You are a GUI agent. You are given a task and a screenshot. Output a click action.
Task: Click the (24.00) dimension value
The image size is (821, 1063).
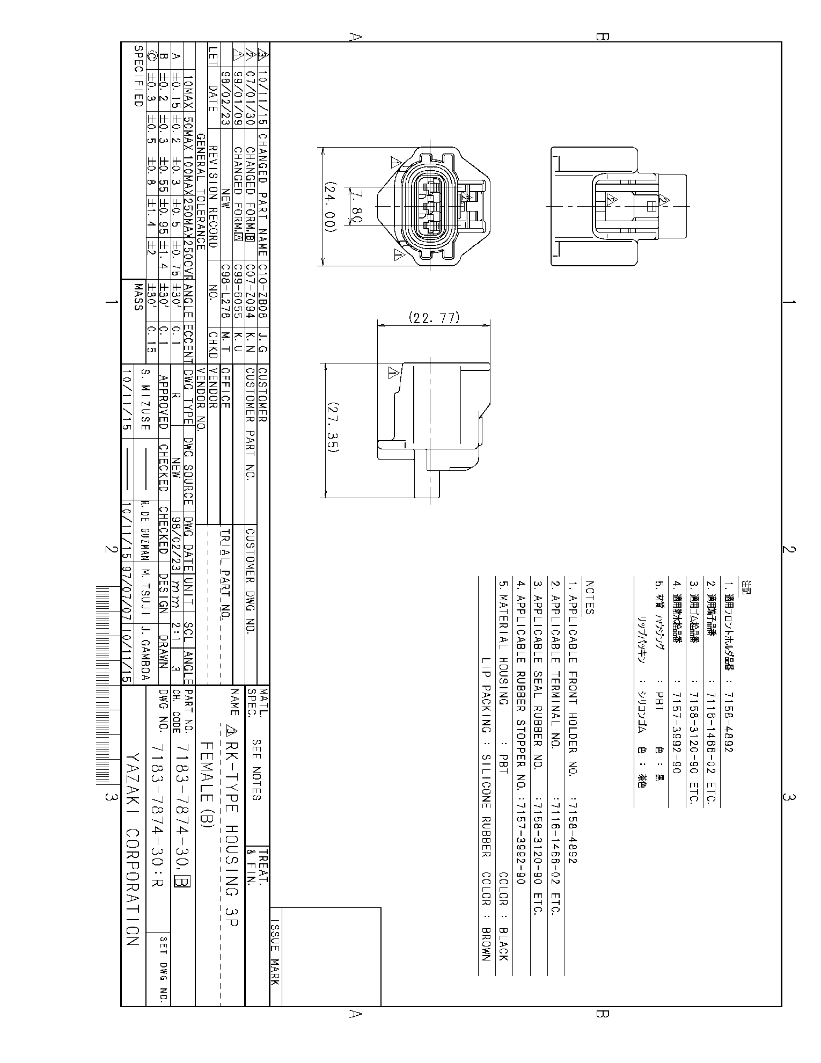coord(329,207)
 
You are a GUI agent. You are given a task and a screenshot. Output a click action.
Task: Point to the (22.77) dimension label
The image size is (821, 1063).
coord(434,318)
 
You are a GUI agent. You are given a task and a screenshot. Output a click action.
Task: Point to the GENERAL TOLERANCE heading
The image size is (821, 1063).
coord(201,191)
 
